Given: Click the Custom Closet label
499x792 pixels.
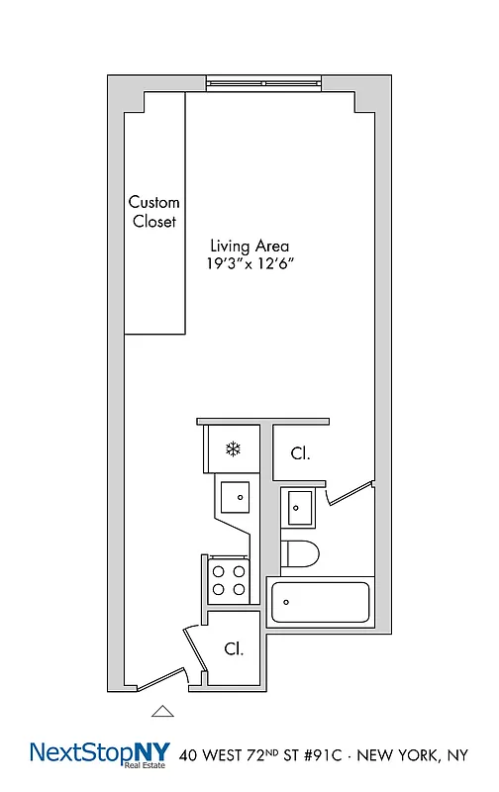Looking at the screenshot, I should pos(154,212).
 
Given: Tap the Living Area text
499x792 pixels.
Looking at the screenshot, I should pos(249,246).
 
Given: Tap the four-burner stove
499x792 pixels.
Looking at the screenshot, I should pos(230,579).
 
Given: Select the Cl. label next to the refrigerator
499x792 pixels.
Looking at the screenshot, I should pos(300,454).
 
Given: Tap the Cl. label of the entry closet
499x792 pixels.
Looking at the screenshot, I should pos(233,649).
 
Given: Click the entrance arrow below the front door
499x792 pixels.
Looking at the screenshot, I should pos(161,710).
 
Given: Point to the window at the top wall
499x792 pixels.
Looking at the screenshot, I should pos(262,85).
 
